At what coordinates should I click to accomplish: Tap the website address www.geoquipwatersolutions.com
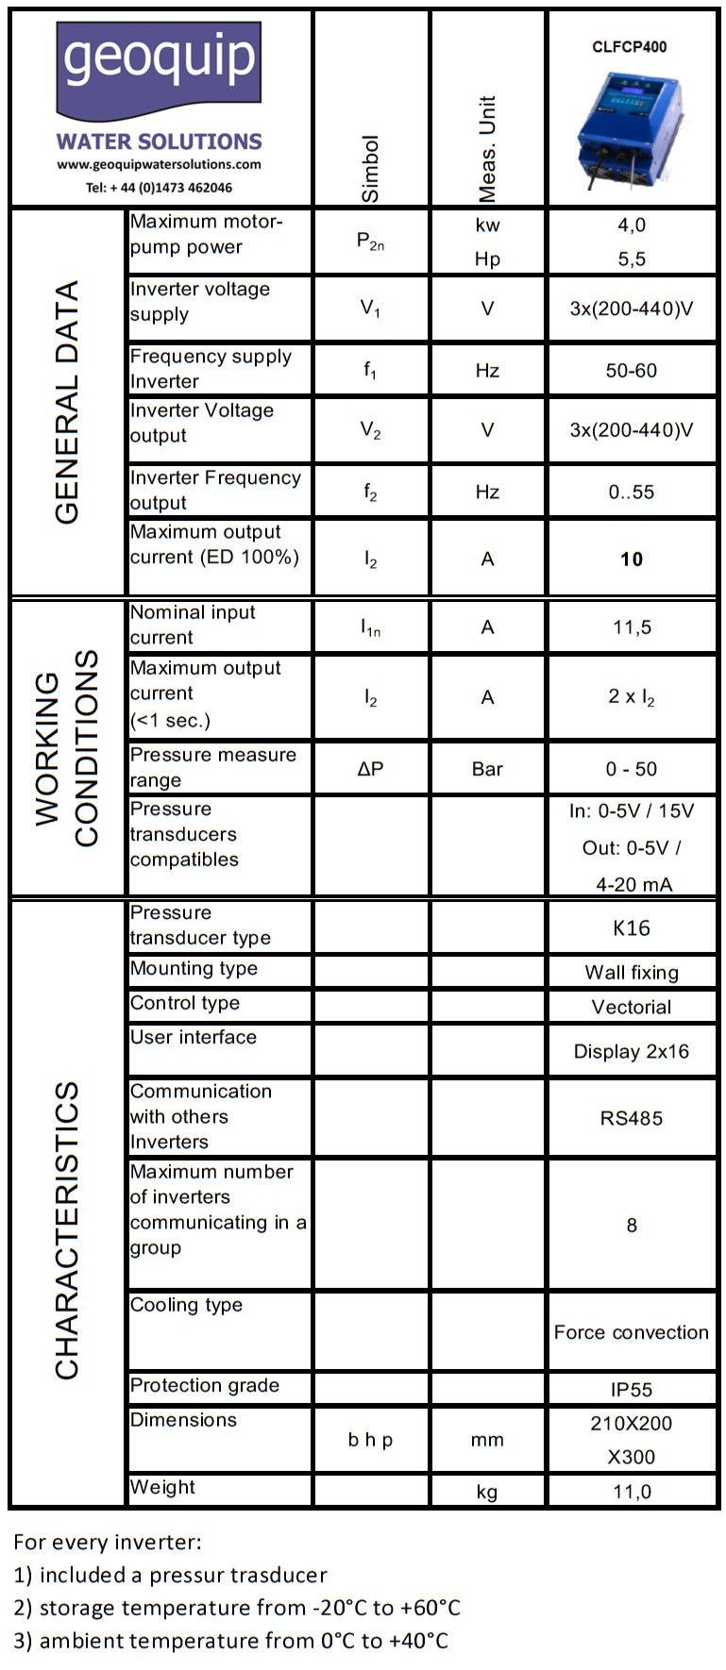coord(159,164)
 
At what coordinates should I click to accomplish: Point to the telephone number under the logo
coord(159,188)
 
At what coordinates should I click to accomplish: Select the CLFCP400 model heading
coord(630,46)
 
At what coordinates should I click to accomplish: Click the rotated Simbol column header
coord(371,168)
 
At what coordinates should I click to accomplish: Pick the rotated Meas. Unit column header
coord(487,149)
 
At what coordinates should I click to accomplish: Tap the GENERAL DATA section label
coord(67,402)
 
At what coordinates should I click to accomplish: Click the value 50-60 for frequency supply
coord(631,371)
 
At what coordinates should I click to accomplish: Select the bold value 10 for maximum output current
coord(631,559)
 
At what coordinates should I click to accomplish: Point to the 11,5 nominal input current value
coord(631,627)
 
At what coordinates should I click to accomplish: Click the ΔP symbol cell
coord(371,769)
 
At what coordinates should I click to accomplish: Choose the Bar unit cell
coord(487,769)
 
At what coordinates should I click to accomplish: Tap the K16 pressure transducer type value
coord(631,928)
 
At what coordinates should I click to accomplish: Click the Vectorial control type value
coord(631,1007)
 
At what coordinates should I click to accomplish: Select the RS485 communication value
coord(631,1118)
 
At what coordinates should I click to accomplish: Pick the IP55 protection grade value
coord(631,1389)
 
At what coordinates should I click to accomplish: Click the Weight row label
coord(163,1487)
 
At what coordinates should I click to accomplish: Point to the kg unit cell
coord(487,1492)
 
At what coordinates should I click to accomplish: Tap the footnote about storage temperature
coord(237,1608)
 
